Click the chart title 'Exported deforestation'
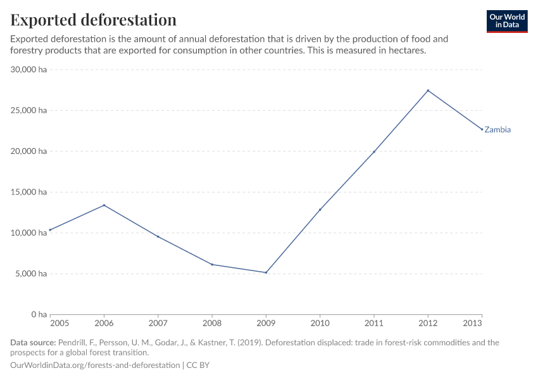(94, 20)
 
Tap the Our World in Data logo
(507, 21)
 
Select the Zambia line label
(497, 130)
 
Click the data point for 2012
(428, 91)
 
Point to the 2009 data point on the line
(266, 272)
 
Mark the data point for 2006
(104, 205)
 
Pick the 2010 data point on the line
(320, 210)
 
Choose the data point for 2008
(212, 264)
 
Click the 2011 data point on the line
(374, 152)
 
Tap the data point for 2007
(158, 236)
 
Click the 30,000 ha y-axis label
(29, 70)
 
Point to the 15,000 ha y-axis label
(29, 192)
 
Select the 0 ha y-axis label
(39, 315)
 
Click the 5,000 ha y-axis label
(32, 274)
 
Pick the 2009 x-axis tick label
(266, 324)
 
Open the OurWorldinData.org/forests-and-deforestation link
(95, 365)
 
